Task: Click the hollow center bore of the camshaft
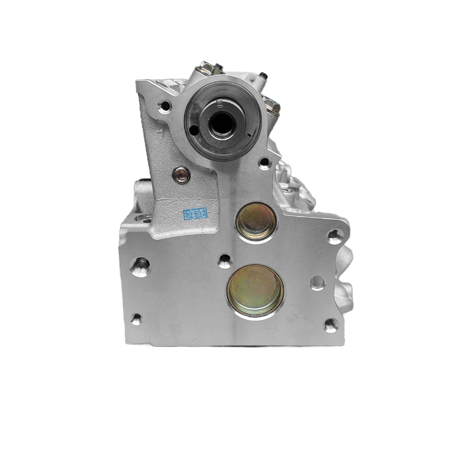tap(222, 122)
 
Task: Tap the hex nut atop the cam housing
tap(207, 68)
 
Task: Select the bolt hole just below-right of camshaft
tap(265, 162)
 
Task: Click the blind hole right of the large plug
tap(317, 283)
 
